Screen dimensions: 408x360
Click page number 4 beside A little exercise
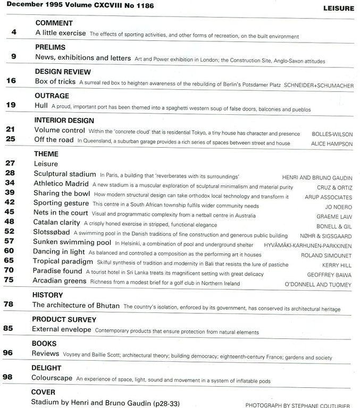click(14, 33)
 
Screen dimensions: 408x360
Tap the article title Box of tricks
click(55, 81)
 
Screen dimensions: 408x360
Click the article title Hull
click(41, 106)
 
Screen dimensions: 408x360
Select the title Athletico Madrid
click(62, 184)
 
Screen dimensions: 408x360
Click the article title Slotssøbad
click(52, 232)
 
